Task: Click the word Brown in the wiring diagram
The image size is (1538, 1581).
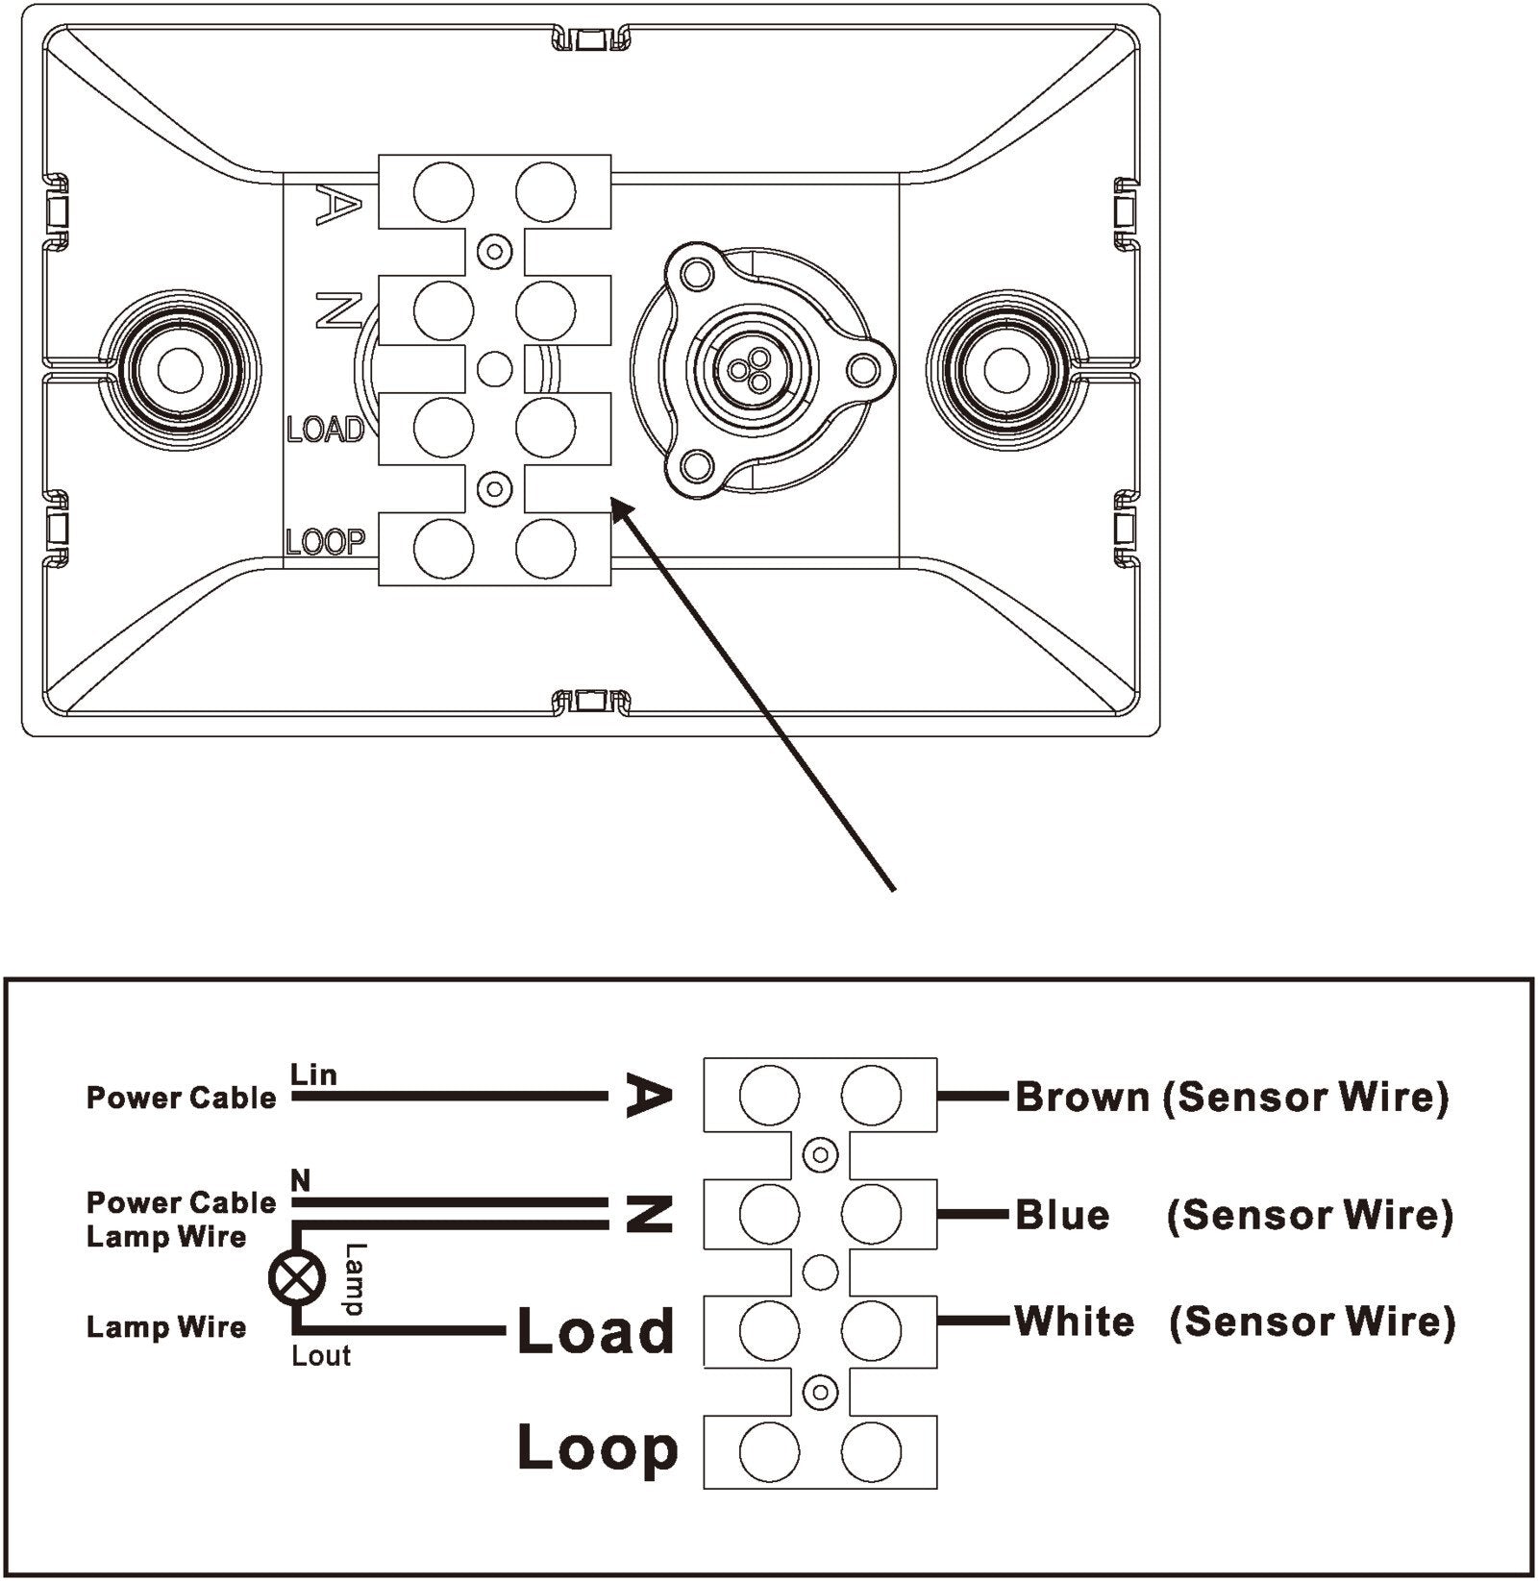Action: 1081,1097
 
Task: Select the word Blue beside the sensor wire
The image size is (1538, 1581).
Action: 1062,1216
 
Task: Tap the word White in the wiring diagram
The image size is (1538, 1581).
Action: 1075,1322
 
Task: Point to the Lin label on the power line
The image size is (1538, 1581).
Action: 313,1075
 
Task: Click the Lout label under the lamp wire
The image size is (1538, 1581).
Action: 321,1356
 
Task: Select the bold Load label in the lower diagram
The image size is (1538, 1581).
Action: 596,1331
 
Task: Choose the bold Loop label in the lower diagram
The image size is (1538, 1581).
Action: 597,1448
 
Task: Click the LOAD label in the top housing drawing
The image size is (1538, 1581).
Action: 326,429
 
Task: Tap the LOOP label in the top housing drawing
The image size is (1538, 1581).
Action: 326,543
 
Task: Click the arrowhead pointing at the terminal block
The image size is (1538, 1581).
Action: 621,508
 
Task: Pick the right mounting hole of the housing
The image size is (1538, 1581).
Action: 1005,368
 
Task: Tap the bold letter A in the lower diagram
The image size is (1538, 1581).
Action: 647,1096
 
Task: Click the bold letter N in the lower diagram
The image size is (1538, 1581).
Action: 649,1216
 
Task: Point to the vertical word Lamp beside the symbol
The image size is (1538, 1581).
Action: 356,1279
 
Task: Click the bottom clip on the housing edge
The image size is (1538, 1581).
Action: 587,700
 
